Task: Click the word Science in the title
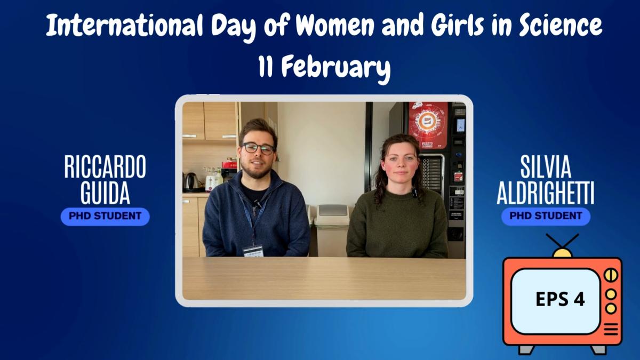click(x=561, y=25)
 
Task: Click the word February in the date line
click(x=336, y=69)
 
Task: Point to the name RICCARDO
click(x=105, y=167)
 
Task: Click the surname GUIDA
click(x=105, y=193)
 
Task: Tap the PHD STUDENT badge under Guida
click(x=105, y=217)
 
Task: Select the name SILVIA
click(x=546, y=167)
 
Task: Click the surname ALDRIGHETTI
click(x=546, y=193)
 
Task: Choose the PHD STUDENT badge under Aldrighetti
click(x=546, y=217)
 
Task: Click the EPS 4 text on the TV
click(x=560, y=299)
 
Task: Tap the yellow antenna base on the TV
click(x=563, y=253)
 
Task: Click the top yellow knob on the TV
click(x=611, y=275)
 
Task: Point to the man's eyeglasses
click(x=258, y=148)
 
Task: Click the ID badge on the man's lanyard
click(x=253, y=250)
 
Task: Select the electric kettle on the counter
click(x=190, y=182)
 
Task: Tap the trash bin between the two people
click(x=331, y=230)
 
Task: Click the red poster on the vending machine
click(x=428, y=125)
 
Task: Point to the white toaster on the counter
click(x=212, y=182)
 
